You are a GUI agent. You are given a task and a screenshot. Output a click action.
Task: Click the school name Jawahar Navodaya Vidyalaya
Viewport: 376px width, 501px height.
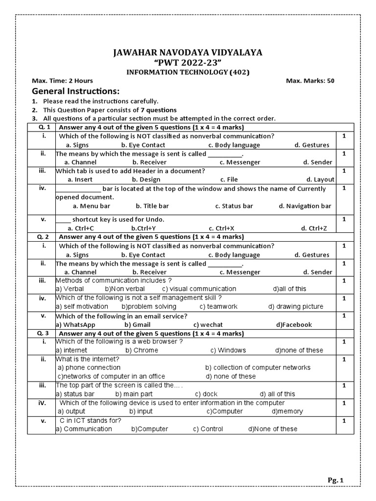(x=188, y=52)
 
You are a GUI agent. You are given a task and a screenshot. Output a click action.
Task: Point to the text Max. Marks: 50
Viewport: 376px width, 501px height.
(x=310, y=81)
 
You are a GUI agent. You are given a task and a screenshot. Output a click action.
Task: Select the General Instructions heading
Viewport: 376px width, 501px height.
(x=75, y=91)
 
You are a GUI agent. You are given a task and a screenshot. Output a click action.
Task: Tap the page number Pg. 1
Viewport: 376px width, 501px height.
(x=336, y=480)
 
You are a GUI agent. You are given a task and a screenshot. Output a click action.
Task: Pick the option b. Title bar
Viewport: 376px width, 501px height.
(x=153, y=206)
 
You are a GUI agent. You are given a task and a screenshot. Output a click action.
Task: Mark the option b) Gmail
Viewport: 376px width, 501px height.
(x=138, y=324)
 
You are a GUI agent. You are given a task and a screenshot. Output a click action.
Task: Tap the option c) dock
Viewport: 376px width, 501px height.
(x=206, y=394)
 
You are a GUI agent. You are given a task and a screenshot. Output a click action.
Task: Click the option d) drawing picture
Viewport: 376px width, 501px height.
(x=296, y=307)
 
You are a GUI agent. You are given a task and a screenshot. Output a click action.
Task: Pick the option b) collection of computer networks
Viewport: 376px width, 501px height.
(x=258, y=367)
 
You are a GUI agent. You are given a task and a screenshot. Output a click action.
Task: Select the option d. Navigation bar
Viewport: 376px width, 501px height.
(x=305, y=206)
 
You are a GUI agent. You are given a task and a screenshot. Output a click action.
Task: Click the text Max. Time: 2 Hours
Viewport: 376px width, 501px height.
(x=62, y=81)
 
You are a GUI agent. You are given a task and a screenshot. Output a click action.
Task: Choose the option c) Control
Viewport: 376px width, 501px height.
(x=208, y=429)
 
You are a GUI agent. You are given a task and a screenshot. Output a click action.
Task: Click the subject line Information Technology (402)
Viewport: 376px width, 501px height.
(x=188, y=72)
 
